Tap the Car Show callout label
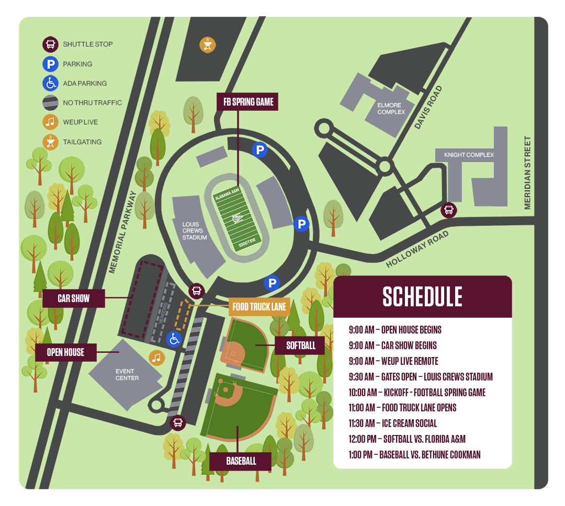click(74, 298)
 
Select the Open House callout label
click(66, 352)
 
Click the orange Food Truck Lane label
click(259, 306)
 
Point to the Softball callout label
click(301, 346)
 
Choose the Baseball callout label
click(241, 461)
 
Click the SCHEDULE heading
click(422, 296)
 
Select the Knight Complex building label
click(469, 155)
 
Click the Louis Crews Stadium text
click(195, 231)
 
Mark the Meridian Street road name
click(527, 172)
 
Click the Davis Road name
click(428, 108)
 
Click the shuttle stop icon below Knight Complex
click(448, 211)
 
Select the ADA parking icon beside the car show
click(174, 339)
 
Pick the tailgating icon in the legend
click(50, 142)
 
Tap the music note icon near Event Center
click(156, 357)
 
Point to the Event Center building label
click(127, 374)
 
